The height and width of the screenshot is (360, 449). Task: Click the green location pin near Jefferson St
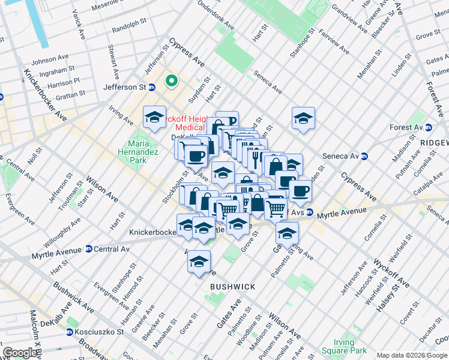point(171,80)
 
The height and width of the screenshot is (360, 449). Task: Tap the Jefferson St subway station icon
point(152,87)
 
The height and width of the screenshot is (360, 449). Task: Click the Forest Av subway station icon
point(429,127)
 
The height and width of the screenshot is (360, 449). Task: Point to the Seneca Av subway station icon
point(364,156)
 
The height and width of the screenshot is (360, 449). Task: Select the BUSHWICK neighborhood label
point(232,287)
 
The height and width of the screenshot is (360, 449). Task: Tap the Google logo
point(20,353)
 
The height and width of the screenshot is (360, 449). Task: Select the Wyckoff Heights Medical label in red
point(191,122)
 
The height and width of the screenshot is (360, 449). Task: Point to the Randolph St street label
point(129,25)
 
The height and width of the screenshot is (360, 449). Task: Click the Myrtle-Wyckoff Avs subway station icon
point(310,212)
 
